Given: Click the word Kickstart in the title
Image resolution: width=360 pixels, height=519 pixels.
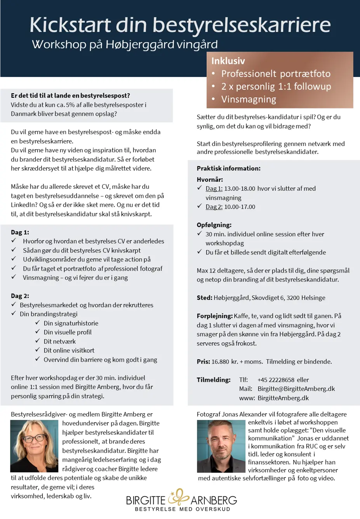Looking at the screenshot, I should pyautogui.click(x=70, y=25).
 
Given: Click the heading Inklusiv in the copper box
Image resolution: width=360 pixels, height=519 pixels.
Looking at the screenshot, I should pyautogui.click(x=228, y=61).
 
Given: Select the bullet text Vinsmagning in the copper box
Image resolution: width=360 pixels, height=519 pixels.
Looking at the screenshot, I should pyautogui.click(x=249, y=99).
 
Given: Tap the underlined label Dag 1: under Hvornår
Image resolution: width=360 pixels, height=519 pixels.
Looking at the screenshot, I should pyautogui.click(x=214, y=189).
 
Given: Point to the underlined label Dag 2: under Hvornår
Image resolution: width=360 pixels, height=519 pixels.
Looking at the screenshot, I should pyautogui.click(x=214, y=207).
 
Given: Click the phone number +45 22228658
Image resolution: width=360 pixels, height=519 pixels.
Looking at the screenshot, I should pyautogui.click(x=276, y=380).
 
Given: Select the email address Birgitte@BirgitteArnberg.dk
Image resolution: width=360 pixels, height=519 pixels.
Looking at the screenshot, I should pyautogui.click(x=296, y=389).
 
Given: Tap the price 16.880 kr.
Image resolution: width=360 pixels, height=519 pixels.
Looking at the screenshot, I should pyautogui.click(x=225, y=362).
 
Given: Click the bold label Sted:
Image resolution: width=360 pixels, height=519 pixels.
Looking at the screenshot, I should pyautogui.click(x=204, y=298).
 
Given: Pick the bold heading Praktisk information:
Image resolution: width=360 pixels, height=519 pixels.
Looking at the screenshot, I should pyautogui.click(x=228, y=169).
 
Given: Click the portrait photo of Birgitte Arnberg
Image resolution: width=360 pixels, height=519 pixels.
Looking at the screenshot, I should pyautogui.click(x=34, y=446).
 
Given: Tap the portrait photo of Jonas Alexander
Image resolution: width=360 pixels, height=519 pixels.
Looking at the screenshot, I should pyautogui.click(x=221, y=446).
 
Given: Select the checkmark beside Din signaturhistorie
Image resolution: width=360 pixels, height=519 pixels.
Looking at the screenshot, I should pyautogui.click(x=38, y=323).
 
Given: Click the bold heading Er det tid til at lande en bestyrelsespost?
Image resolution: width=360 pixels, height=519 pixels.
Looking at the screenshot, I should pyautogui.click(x=70, y=96).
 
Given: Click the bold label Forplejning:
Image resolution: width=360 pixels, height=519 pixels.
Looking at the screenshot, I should pyautogui.click(x=214, y=316).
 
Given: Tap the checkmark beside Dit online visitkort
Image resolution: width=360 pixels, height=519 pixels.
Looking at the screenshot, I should pyautogui.click(x=38, y=350).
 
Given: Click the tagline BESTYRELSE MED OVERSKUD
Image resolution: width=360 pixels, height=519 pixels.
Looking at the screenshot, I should pyautogui.click(x=182, y=509).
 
